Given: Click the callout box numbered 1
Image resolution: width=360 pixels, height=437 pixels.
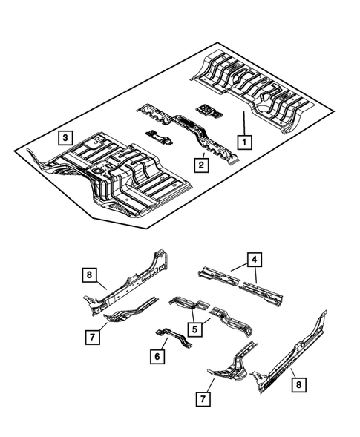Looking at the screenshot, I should click(242, 139).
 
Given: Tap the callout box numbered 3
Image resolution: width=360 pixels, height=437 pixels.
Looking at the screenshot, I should click(66, 137).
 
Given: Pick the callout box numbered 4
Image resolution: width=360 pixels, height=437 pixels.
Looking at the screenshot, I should click(255, 260).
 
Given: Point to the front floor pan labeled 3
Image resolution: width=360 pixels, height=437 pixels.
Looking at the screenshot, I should click(119, 174).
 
